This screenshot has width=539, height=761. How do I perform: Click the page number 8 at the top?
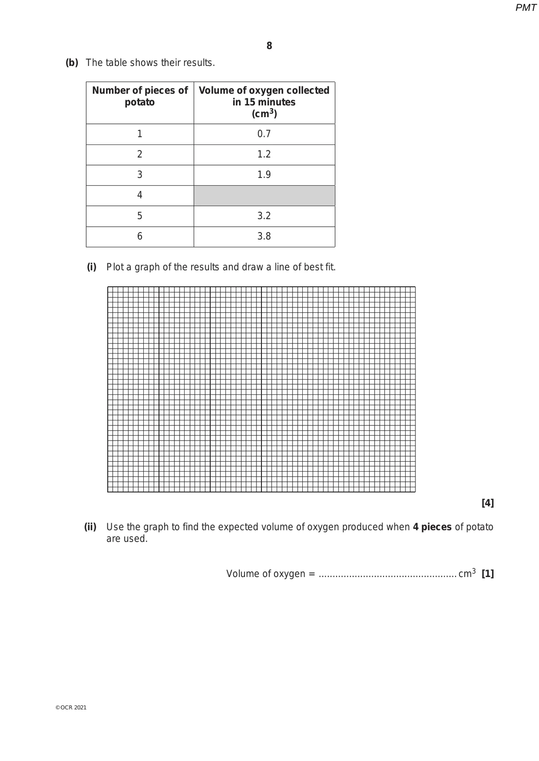tap(269, 46)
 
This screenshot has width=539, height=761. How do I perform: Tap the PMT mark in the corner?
tap(526, 8)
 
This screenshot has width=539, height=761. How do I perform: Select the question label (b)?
tap(72, 63)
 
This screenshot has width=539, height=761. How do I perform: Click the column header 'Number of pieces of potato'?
tap(140, 96)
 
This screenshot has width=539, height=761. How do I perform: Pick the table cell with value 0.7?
tap(264, 134)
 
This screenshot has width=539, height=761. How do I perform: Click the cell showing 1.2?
tap(264, 154)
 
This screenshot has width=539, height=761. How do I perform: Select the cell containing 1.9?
tap(264, 175)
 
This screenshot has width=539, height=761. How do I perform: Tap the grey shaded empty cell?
tap(264, 196)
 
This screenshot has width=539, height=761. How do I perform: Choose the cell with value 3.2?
tap(264, 216)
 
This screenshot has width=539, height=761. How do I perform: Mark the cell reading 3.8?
tap(264, 236)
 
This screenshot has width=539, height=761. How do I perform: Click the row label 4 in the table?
tap(140, 195)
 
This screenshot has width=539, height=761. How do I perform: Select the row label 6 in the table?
tap(140, 236)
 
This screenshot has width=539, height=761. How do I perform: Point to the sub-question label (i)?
tap(92, 267)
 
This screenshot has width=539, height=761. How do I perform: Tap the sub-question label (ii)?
tap(90, 527)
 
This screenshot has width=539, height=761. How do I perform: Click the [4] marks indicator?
tap(487, 503)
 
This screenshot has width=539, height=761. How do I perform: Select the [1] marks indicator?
tap(487, 574)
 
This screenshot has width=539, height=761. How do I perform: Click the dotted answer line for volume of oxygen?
tap(387, 575)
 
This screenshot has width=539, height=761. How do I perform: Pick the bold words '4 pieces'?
tap(432, 527)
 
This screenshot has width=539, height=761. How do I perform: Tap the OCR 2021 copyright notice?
tap(71, 708)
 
